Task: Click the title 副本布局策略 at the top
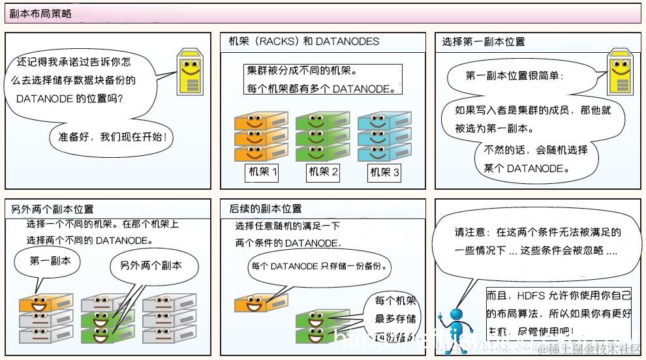(x=41, y=13)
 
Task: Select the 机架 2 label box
(x=323, y=173)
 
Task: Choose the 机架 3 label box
(x=385, y=173)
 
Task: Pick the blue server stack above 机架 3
(x=384, y=136)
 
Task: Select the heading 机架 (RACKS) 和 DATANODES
(x=304, y=41)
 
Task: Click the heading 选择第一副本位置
(x=484, y=41)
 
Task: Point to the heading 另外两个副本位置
(x=52, y=209)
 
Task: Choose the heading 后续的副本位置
(x=266, y=209)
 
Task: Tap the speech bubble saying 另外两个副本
(x=150, y=267)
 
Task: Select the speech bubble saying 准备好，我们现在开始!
(x=112, y=138)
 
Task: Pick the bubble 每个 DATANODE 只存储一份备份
(x=320, y=266)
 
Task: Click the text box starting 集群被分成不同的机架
(x=323, y=80)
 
